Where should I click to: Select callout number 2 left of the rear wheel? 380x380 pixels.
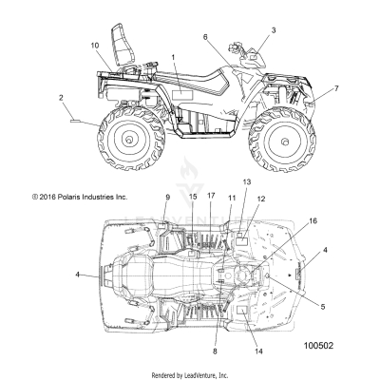62,97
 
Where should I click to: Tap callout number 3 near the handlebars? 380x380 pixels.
275,30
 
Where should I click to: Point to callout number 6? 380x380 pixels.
204,36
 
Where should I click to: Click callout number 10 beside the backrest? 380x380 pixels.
94,46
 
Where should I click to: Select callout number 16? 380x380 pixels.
313,219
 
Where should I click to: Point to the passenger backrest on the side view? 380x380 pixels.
121,40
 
